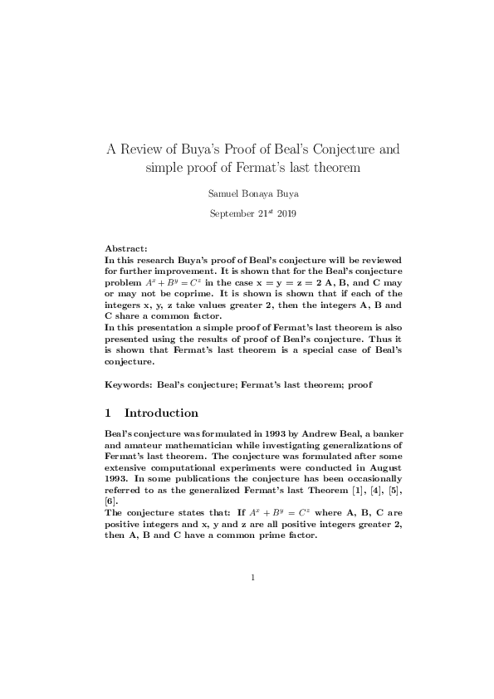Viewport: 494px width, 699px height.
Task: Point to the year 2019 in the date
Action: (x=286, y=213)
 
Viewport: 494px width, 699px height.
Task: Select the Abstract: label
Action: (x=126, y=248)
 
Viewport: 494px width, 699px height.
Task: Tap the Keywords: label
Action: (x=129, y=386)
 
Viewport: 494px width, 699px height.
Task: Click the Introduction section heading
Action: (x=161, y=413)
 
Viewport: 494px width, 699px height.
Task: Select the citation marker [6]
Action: (x=111, y=501)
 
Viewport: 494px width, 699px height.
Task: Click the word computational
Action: (x=182, y=468)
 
